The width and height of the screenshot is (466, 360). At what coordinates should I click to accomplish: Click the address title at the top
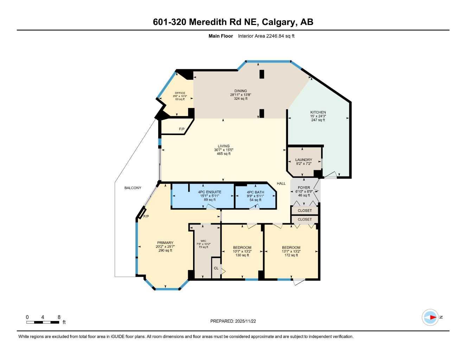(x=233, y=22)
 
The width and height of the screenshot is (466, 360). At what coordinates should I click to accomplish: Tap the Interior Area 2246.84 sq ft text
(x=266, y=36)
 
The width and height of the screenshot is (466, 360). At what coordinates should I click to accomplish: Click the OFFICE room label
(x=180, y=93)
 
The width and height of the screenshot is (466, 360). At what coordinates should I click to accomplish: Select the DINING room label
(x=241, y=91)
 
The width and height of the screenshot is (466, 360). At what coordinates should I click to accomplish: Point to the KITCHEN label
(x=318, y=112)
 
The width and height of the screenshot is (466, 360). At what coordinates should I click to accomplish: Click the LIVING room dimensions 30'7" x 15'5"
(x=223, y=150)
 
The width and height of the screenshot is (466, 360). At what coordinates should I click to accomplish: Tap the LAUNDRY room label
(x=304, y=160)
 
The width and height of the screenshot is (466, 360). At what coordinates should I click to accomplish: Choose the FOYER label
(x=304, y=188)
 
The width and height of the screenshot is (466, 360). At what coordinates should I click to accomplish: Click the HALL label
(x=281, y=184)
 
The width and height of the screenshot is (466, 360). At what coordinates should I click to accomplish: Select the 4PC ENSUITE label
(x=210, y=192)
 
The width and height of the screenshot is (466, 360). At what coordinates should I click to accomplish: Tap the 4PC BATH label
(x=255, y=192)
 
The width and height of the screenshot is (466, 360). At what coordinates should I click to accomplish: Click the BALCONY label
(x=133, y=188)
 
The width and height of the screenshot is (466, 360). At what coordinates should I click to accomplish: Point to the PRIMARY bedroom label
(x=165, y=243)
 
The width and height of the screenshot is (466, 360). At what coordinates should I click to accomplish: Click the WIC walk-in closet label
(x=203, y=241)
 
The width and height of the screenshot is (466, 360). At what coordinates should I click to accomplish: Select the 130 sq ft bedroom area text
(x=242, y=255)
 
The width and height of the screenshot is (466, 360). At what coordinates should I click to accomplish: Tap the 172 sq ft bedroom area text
(x=291, y=255)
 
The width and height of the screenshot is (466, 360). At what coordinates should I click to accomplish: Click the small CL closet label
(x=216, y=268)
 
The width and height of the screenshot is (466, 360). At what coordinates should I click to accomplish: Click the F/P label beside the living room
(x=181, y=129)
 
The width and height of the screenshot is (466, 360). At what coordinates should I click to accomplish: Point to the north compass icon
(x=430, y=317)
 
